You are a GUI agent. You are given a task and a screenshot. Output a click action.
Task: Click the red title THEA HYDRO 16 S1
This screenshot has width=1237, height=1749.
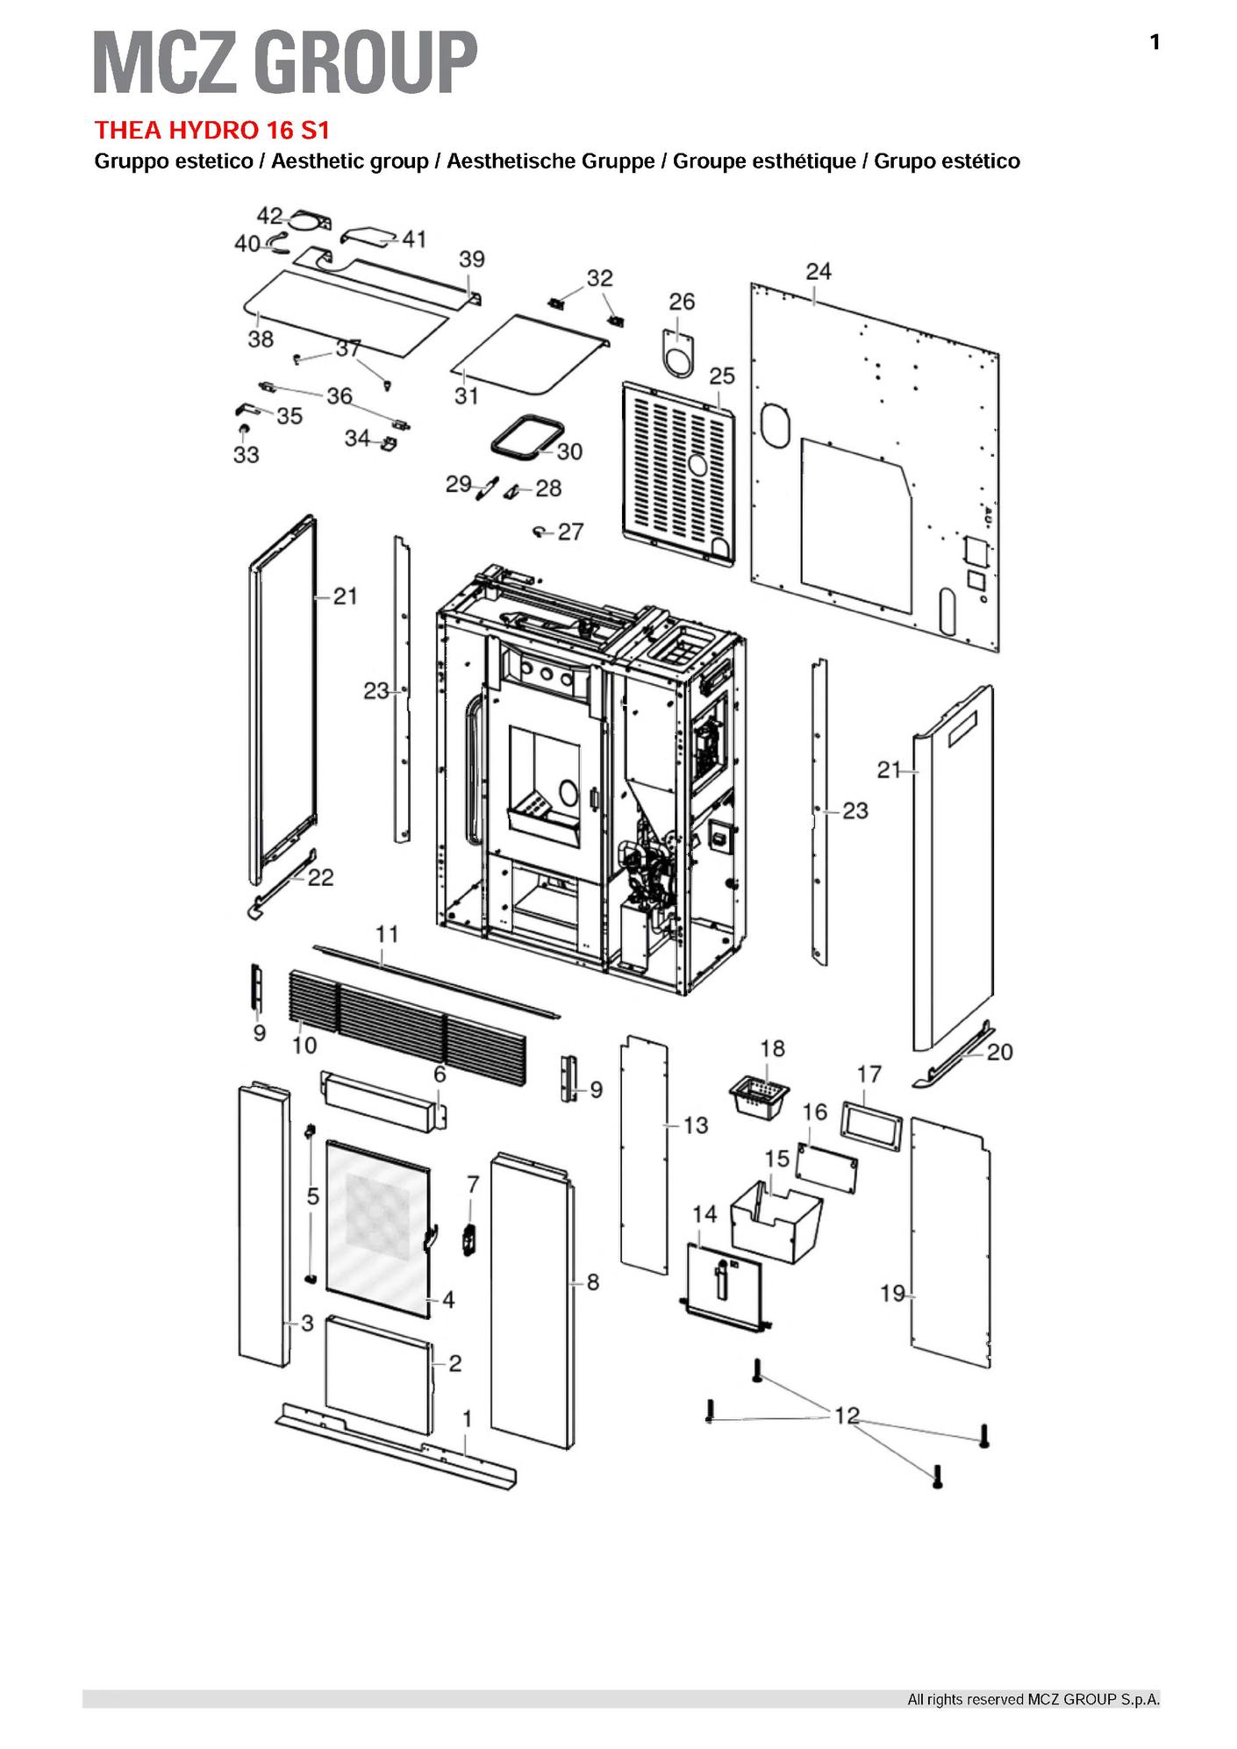tap(211, 131)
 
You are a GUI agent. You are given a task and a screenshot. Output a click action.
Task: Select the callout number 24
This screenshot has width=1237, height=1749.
tap(818, 272)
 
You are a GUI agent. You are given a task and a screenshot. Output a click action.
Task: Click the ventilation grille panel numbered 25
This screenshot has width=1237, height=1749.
tap(676, 474)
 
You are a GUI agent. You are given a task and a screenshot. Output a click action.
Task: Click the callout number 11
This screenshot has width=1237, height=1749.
tap(387, 934)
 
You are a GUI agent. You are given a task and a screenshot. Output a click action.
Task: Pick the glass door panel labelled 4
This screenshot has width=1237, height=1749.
tap(377, 1228)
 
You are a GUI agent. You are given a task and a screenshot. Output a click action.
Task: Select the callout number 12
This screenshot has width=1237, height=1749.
tap(847, 1416)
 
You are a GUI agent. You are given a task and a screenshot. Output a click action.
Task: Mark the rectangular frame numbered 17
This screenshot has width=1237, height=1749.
tap(870, 1123)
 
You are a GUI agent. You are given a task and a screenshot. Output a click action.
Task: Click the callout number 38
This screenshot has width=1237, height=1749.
tap(261, 339)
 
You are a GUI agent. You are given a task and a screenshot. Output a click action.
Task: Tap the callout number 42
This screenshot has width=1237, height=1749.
tap(269, 216)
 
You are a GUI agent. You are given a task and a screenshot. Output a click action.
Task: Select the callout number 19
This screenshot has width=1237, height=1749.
tap(892, 1293)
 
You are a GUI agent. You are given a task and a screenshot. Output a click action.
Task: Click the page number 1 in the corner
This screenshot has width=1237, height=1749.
tap(1155, 42)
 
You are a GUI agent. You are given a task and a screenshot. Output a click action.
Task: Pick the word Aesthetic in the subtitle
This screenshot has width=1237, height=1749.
tap(319, 161)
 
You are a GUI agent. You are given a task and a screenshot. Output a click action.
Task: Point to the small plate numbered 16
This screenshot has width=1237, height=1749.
tap(826, 1167)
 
